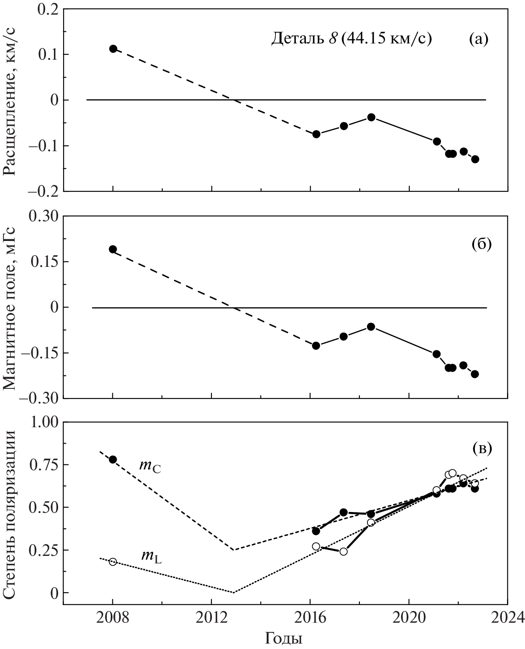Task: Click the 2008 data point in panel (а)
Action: [x=113, y=49]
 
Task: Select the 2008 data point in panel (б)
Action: [x=113, y=249]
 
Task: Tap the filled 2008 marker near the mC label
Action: [x=113, y=459]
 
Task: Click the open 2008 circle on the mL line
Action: [x=113, y=562]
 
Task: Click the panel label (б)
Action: [x=481, y=244]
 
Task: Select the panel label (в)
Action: [x=481, y=449]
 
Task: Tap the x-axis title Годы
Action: [x=284, y=638]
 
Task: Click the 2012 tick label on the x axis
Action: [x=212, y=617]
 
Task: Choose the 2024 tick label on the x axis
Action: [x=507, y=617]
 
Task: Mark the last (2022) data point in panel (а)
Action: [x=475, y=159]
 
